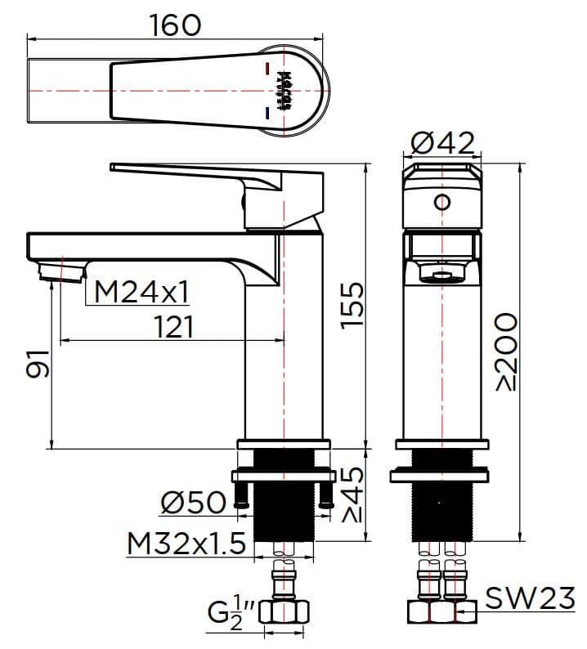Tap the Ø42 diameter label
pyautogui.click(x=441, y=143)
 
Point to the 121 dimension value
pyautogui.click(x=174, y=327)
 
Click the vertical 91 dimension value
pyautogui.click(x=38, y=363)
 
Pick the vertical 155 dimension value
pyautogui.click(x=352, y=304)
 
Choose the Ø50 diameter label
pyautogui.click(x=194, y=502)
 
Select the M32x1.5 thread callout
pyautogui.click(x=186, y=543)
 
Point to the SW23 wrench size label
pyautogui.click(x=530, y=600)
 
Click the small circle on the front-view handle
pyautogui.click(x=442, y=202)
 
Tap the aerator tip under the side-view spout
pyautogui.click(x=61, y=271)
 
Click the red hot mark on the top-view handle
pyautogui.click(x=268, y=70)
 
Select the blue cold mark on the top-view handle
pyautogui.click(x=267, y=111)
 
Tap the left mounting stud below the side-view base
pyautogui.click(x=241, y=495)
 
